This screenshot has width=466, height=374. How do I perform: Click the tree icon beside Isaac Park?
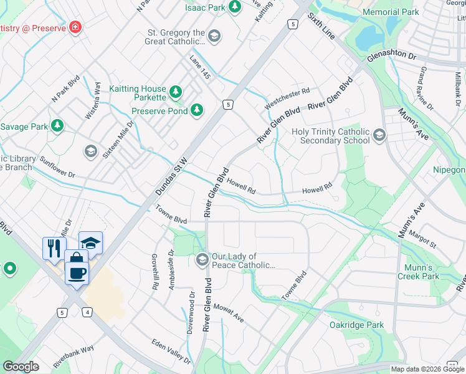pos(235,7)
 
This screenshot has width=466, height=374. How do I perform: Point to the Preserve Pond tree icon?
pos(197,111)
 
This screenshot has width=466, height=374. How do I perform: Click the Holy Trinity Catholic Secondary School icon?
pos(379,135)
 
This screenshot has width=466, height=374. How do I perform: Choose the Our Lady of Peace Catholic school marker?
pos(202,260)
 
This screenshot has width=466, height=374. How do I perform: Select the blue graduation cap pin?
pos(91,242)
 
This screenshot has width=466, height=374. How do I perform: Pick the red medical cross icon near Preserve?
pos(75,27)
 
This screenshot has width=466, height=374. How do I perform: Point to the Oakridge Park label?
pos(357,325)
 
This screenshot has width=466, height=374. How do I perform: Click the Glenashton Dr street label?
pos(391,55)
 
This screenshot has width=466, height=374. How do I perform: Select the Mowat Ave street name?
pos(228,312)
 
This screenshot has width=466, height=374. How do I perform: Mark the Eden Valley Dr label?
pos(171,351)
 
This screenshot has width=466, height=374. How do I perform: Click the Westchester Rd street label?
pos(287,98)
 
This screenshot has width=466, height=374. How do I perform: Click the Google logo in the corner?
pos(21,366)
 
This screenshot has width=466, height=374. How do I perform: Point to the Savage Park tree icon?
pos(57,127)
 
